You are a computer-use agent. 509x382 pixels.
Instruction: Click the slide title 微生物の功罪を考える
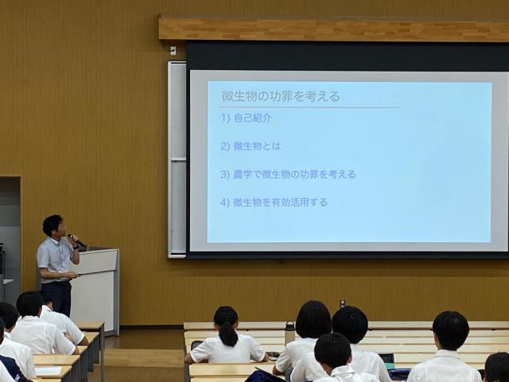(x=281, y=96)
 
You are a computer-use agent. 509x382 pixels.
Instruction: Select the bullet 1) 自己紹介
(x=247, y=118)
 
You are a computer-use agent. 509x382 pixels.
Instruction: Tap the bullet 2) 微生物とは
(x=251, y=146)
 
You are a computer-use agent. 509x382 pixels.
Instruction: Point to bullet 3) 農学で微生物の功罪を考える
(x=288, y=174)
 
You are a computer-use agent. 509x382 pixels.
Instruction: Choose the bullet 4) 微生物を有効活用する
(x=274, y=203)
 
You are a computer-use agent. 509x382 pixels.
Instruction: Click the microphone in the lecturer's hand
(x=76, y=240)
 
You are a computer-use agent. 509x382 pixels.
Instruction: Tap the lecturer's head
(x=53, y=225)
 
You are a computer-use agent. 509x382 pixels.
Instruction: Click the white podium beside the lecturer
(x=95, y=290)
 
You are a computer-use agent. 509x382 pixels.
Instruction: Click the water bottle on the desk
(x=289, y=333)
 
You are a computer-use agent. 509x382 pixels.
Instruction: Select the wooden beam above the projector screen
(x=334, y=30)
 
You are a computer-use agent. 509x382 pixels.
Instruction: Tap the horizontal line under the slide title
(x=309, y=107)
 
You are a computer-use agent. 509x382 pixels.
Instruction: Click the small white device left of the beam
(x=173, y=50)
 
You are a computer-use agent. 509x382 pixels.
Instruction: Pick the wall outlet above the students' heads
(x=343, y=303)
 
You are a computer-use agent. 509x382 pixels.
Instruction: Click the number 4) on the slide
(x=225, y=203)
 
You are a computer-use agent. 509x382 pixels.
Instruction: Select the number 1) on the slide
(x=226, y=119)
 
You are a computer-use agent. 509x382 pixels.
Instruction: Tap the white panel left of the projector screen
(x=177, y=159)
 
